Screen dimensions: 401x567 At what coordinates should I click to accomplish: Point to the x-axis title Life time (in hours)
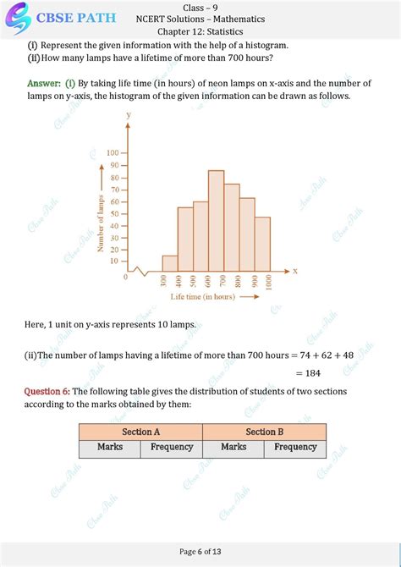click(x=203, y=298)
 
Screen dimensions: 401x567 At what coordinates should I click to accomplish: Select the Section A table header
click(x=140, y=432)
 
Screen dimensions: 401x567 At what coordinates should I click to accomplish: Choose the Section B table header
click(x=265, y=432)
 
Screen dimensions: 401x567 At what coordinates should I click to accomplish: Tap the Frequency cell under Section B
click(x=295, y=447)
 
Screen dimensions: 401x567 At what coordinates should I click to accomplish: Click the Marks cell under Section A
click(x=110, y=447)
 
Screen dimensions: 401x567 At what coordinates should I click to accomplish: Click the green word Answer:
click(x=45, y=83)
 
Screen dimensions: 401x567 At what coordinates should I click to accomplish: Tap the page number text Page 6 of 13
click(x=200, y=552)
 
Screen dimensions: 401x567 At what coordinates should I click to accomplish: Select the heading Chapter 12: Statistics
click(x=200, y=32)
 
